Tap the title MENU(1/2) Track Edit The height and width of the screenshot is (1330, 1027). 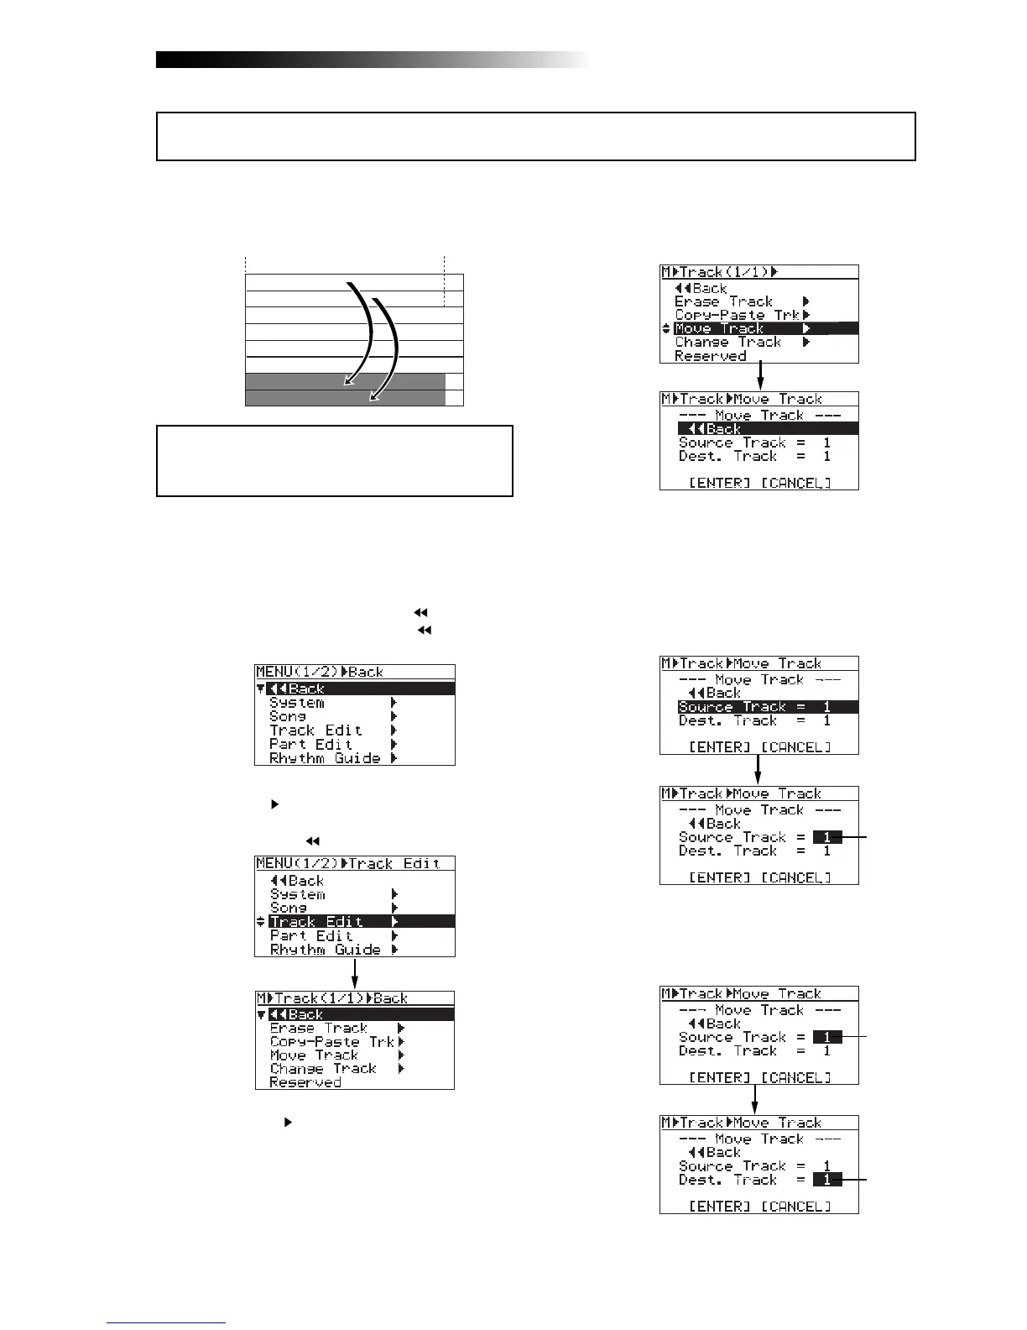point(354,863)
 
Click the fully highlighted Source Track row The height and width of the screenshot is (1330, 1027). point(767,707)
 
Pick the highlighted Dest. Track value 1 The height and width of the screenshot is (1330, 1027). point(827,1180)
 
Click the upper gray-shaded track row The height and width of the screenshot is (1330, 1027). point(344,382)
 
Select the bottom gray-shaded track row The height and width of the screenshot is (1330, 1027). point(344,398)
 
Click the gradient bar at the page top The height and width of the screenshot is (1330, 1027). point(373,60)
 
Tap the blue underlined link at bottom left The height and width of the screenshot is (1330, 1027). point(166,1322)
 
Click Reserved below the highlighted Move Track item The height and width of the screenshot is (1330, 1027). point(711,356)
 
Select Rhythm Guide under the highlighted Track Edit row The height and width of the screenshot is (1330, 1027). point(325,949)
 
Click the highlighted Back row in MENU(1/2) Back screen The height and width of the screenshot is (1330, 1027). point(355,689)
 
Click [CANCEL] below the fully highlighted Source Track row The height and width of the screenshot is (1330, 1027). point(796,747)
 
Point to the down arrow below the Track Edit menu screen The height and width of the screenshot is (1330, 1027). point(355,974)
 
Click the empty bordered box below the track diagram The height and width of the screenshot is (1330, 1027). point(334,460)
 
